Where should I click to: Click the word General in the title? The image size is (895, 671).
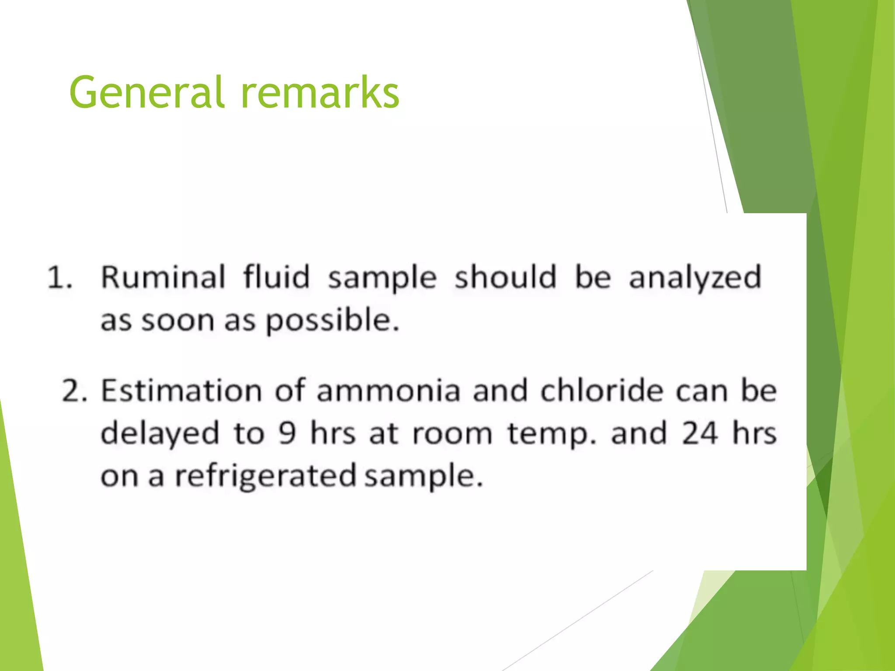point(147,92)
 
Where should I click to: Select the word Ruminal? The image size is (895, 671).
point(163,277)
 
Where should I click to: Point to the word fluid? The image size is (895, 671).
point(277,277)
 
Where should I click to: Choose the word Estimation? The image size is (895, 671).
point(181,390)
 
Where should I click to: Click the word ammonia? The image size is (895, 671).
point(389,390)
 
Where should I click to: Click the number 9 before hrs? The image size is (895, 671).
point(287,434)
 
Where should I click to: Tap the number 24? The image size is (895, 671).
point(700,433)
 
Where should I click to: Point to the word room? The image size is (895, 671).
point(452,434)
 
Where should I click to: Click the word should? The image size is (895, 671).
point(506,277)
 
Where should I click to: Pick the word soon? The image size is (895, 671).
point(177,321)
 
